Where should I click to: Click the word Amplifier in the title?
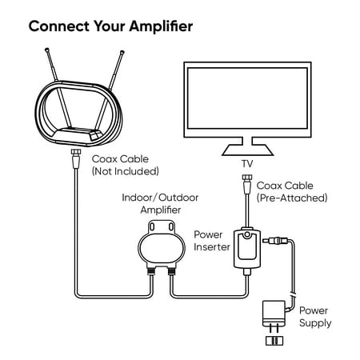[161, 27]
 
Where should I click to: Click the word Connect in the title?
[59, 26]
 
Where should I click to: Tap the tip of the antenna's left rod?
[46, 50]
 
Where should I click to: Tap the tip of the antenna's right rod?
[122, 52]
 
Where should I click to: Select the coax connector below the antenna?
[76, 158]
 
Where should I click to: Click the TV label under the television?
[247, 164]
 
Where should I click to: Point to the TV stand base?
[247, 150]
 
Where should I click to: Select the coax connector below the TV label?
[247, 184]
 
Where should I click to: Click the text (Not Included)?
[126, 171]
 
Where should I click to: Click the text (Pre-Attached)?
[292, 198]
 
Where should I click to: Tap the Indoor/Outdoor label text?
[160, 198]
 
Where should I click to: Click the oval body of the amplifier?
[162, 249]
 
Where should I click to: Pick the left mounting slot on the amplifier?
[152, 227]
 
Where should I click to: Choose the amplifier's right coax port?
[171, 272]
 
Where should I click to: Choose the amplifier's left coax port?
[150, 272]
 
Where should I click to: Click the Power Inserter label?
[212, 241]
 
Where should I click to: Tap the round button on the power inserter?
[247, 234]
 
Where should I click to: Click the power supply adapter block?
[274, 314]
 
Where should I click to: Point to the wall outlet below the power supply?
[274, 341]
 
